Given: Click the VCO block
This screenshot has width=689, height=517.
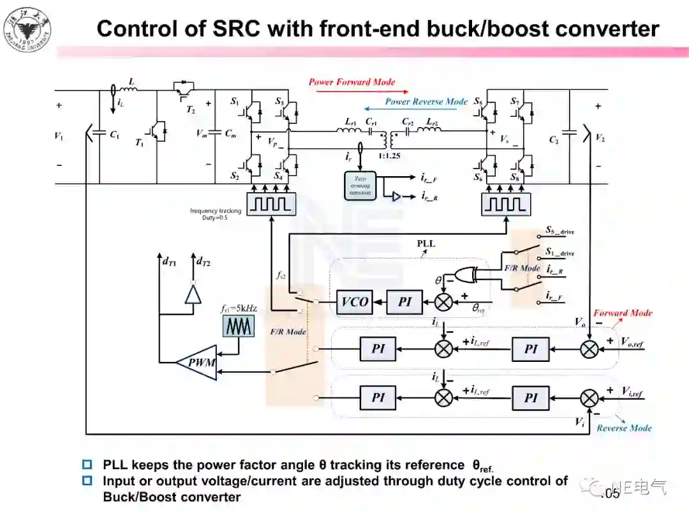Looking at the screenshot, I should click(355, 301).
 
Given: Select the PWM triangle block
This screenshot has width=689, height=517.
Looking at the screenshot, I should click(198, 363).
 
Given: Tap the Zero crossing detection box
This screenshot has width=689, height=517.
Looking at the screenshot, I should click(360, 186).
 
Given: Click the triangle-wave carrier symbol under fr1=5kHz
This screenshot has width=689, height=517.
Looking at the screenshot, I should click(239, 326).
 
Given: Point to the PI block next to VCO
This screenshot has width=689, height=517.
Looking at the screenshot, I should click(404, 301).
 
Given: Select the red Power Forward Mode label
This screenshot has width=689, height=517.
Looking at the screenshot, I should click(352, 82).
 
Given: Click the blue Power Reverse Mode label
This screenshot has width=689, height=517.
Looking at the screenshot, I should click(426, 101).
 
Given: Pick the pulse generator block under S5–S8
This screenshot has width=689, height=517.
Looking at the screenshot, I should click(505, 204).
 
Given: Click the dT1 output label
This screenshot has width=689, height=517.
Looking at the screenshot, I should click(169, 261).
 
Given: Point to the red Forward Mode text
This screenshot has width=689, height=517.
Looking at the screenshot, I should click(623, 313).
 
